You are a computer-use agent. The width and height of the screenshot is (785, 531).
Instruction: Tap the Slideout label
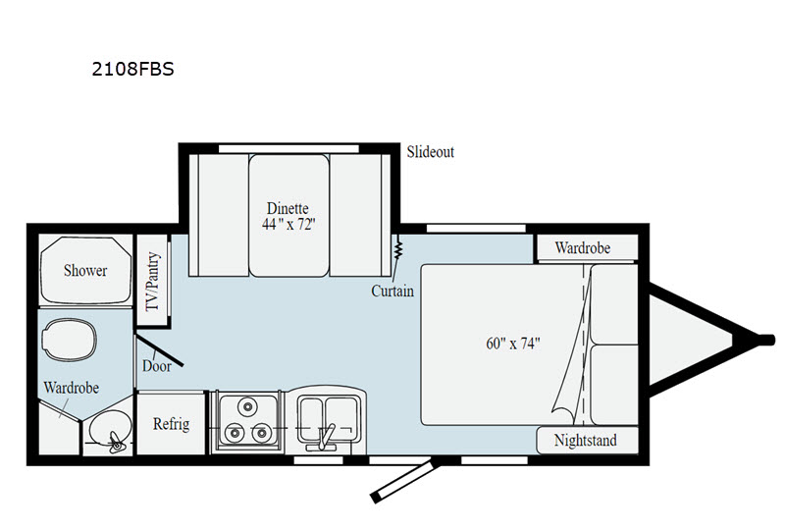click(430, 152)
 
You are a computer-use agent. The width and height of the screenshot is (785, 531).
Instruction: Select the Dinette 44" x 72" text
click(288, 216)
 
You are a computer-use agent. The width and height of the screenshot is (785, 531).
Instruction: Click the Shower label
click(85, 270)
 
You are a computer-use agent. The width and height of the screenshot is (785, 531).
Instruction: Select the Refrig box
click(171, 424)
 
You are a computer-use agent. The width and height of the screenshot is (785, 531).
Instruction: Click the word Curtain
click(392, 292)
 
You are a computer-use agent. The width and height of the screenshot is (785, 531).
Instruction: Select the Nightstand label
click(586, 441)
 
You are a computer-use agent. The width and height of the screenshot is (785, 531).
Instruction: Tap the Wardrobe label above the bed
click(582, 247)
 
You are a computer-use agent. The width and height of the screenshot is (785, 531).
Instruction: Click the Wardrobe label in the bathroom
click(70, 388)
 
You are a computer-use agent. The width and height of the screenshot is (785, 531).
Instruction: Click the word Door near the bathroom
click(156, 366)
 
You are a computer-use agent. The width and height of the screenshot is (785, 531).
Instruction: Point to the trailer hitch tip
click(764, 340)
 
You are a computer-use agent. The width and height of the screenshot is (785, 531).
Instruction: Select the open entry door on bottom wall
click(402, 478)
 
